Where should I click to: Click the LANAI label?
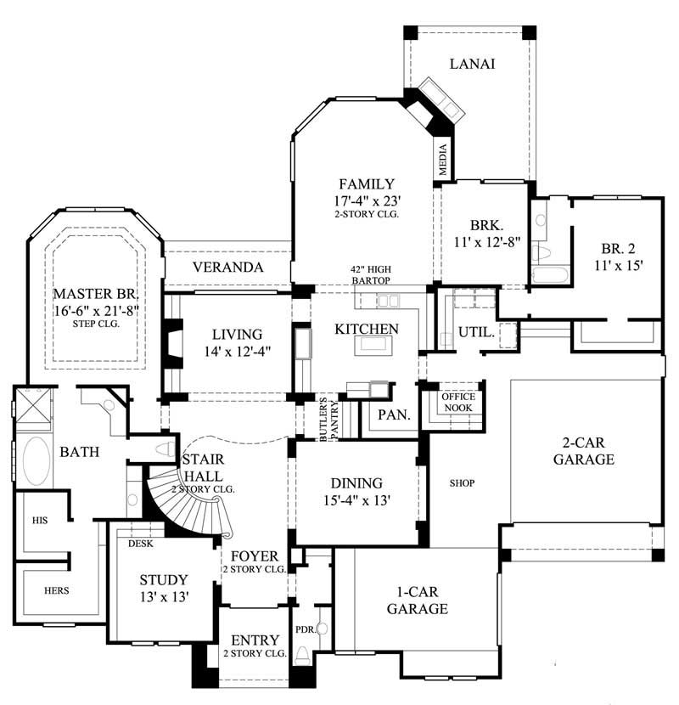tap(472, 65)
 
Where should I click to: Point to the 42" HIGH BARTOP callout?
tap(370, 274)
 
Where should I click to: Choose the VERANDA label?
tap(226, 268)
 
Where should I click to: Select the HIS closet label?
tap(39, 519)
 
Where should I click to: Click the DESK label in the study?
tap(140, 543)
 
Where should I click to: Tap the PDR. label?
tap(305, 630)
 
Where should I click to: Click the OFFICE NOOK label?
tap(458, 403)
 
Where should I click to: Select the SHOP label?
tap(462, 483)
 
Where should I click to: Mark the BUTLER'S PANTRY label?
tap(328, 418)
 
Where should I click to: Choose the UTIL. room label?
tap(476, 332)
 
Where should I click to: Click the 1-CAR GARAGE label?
tap(418, 601)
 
